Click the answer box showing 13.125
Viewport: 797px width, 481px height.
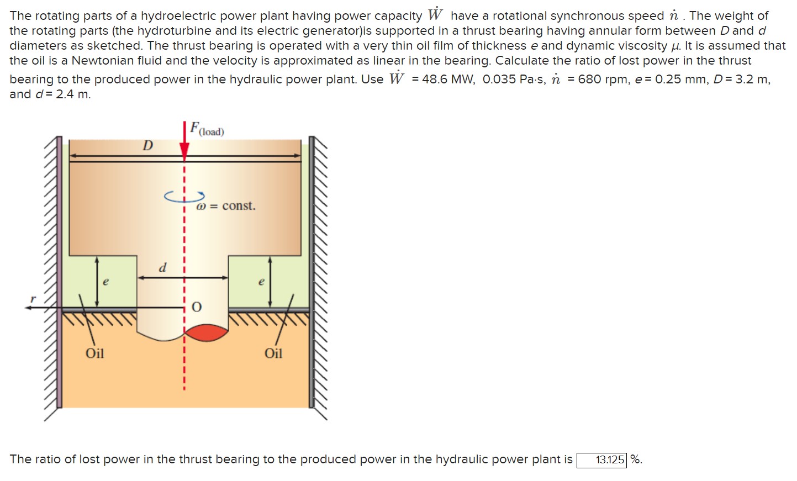601,459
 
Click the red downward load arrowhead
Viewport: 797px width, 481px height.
184,150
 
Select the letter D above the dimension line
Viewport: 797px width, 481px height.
147,146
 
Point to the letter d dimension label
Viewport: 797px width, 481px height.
162,268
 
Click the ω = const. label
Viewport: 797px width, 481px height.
226,206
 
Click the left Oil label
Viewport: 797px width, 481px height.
94,353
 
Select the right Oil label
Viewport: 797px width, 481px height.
273,353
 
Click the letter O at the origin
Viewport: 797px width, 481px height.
197,307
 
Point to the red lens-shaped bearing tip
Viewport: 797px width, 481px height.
206,333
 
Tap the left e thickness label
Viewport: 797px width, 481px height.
106,282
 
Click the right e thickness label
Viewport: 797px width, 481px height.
261,282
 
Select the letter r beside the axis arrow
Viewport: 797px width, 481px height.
33,299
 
